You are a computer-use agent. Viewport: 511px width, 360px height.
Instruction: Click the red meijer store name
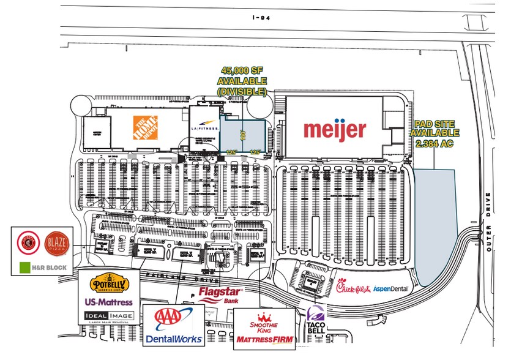pos(335,129)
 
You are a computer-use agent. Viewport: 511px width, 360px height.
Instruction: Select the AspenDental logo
pos(390,288)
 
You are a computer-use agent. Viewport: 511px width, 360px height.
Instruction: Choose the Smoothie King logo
pos(264,324)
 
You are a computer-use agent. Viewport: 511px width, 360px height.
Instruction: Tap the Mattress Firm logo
pos(264,339)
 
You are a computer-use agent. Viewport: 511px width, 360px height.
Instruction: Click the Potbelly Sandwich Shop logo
pos(108,284)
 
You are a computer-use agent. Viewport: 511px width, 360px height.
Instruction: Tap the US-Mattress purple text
pos(108,302)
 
